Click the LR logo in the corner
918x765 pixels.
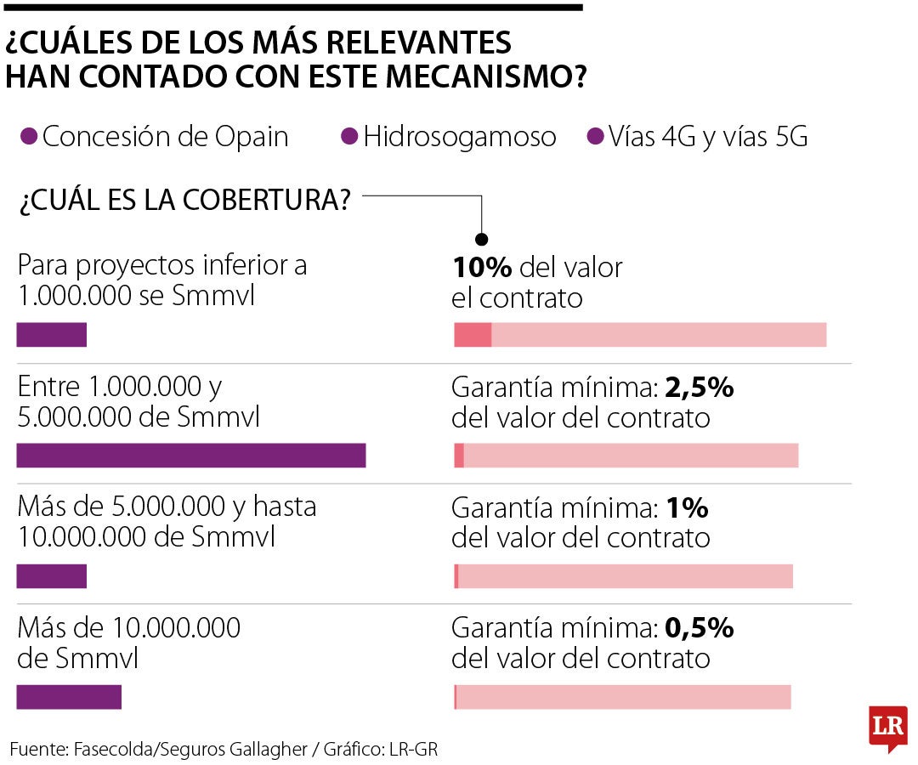887,727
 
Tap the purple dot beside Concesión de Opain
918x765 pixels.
29,137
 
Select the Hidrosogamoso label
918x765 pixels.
460,137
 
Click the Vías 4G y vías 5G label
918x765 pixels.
707,137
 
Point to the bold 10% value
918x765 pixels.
482,268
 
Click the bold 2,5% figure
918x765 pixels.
699,388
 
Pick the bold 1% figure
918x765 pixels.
688,508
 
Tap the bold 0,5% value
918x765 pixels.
699,629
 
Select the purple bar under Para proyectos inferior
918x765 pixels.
52,335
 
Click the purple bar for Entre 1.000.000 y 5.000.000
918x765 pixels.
191,456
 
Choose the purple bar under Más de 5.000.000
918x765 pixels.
52,576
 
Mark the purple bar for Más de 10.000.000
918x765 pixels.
69,697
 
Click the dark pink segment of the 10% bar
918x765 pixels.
473,335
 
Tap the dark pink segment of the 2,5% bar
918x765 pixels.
459,456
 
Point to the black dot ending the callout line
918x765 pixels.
482,239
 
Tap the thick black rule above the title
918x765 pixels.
292,8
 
